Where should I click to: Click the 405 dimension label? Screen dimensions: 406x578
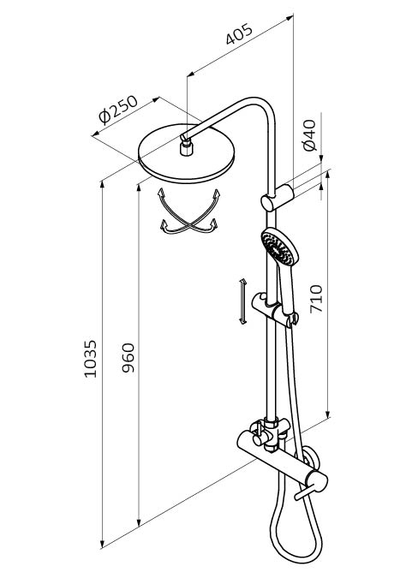coord(239,34)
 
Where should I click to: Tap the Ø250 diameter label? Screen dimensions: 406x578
coord(118,109)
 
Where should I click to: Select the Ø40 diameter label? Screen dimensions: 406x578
coord(310,135)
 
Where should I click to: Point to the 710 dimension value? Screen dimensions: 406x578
coord(316,299)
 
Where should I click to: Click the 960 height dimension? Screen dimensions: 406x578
coord(128,358)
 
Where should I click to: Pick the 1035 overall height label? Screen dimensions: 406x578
coord(90,359)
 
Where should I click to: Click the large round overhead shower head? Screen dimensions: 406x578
coord(186,154)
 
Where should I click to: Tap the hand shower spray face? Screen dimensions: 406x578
coord(278,247)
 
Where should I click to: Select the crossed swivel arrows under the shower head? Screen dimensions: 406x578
coord(188,212)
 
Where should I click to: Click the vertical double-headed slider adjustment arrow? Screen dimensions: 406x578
coord(242,301)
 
